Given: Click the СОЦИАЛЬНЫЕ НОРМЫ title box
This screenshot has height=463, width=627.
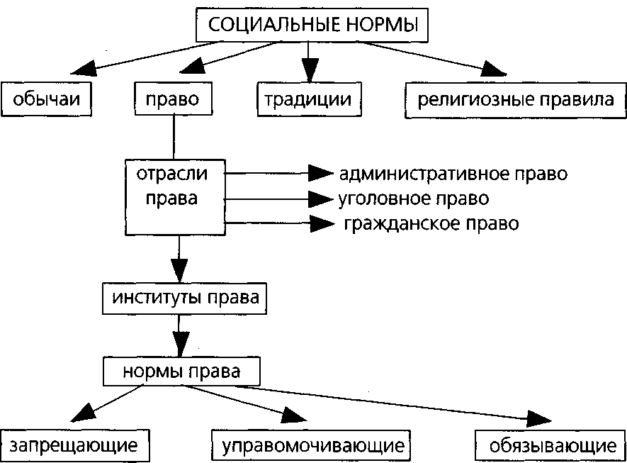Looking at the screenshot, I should [x=312, y=25].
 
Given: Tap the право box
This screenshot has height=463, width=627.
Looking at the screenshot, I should [x=174, y=100].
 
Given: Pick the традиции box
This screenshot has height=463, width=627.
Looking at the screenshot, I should [x=307, y=100].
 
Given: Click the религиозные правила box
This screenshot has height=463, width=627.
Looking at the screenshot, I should [x=515, y=100].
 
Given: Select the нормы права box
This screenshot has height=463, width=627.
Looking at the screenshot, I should [x=181, y=371].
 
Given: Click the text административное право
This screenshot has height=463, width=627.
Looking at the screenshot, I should [x=453, y=174].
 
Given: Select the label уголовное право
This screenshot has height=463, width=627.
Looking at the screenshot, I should [x=414, y=198].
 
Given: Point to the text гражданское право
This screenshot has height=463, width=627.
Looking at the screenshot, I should [x=431, y=224].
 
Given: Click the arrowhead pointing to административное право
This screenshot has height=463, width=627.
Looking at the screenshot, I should [x=322, y=173].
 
